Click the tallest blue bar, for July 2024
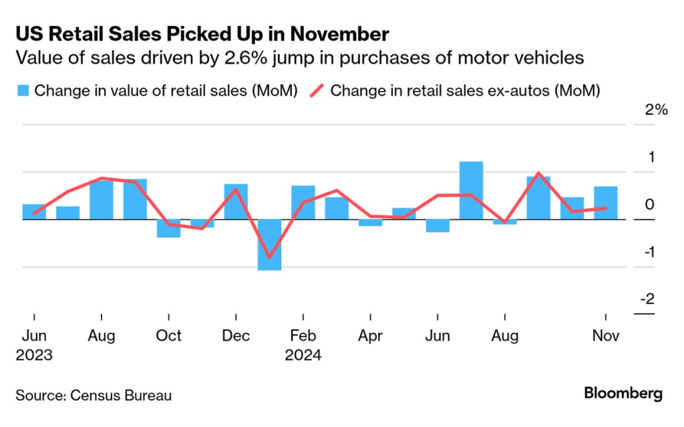click(471, 190)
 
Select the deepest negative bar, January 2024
click(269, 245)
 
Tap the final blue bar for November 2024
click(605, 202)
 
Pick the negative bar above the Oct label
click(168, 228)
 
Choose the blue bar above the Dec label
click(236, 201)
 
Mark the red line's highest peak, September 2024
click(538, 173)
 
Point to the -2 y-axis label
click(647, 299)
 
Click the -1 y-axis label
click(647, 252)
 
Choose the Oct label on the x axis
click(168, 335)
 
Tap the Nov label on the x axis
click(605, 335)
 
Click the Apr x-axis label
click(370, 335)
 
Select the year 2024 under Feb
click(303, 355)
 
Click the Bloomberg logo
click(623, 394)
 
